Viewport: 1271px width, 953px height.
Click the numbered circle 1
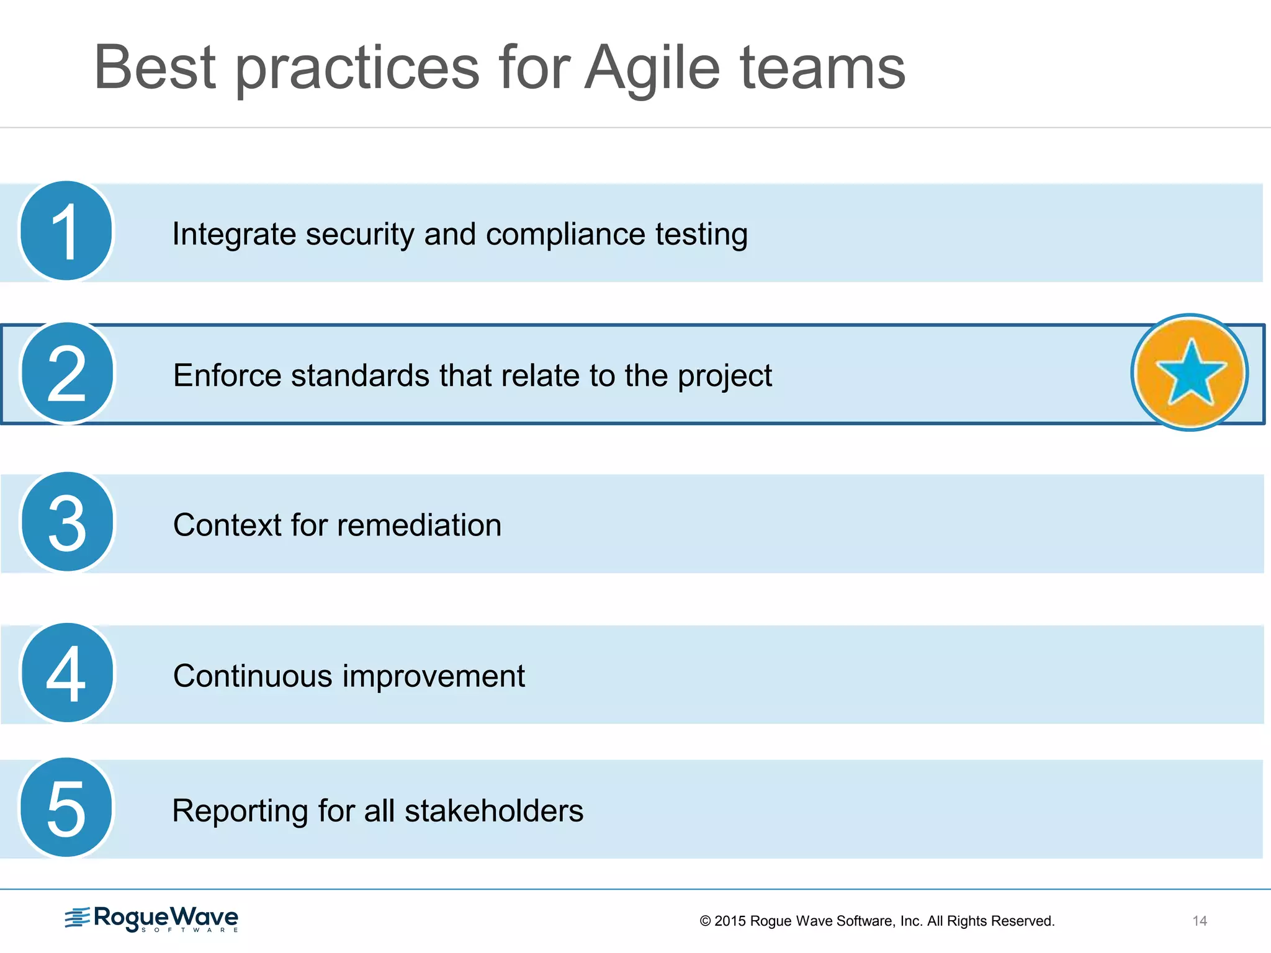pyautogui.click(x=66, y=231)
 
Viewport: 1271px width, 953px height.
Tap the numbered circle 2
pyautogui.click(x=67, y=373)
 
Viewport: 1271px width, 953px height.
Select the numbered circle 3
pyautogui.click(x=67, y=522)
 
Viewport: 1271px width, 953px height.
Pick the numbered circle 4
pyautogui.click(x=67, y=673)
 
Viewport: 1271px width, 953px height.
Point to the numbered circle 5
pyautogui.click(x=66, y=807)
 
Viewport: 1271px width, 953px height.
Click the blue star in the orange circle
pyautogui.click(x=1190, y=372)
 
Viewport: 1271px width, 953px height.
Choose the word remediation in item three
pyautogui.click(x=420, y=525)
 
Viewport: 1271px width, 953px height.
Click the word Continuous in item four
pyautogui.click(x=253, y=676)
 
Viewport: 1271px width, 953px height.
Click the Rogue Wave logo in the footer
pyautogui.click(x=152, y=918)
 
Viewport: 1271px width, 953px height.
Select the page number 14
pyautogui.click(x=1199, y=921)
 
